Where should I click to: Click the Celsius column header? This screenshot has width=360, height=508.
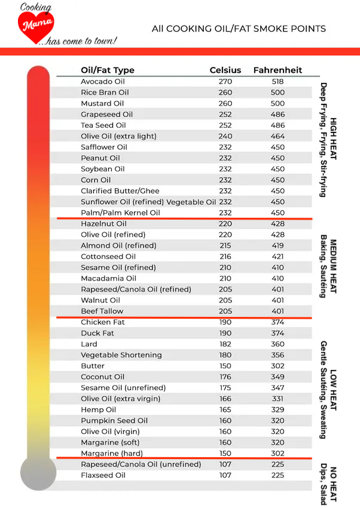tap(225, 70)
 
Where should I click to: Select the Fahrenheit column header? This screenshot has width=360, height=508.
tap(277, 70)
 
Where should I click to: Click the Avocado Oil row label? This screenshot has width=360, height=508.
tap(102, 81)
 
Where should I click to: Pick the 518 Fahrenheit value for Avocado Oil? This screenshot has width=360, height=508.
tap(277, 81)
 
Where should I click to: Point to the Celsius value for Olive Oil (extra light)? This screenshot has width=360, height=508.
tap(225, 136)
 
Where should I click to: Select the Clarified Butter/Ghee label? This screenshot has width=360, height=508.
tap(120, 191)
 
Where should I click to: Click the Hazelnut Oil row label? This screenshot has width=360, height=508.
tap(103, 224)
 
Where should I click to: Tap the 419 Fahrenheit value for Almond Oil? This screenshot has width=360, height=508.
tap(277, 245)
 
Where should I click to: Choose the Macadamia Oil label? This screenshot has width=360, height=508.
tap(108, 278)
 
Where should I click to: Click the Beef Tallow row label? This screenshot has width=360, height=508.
tap(102, 311)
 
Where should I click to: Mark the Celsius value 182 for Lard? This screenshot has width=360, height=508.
tap(225, 344)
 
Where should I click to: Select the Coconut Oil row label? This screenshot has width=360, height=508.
tap(102, 377)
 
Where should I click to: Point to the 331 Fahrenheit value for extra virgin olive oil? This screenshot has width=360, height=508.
tap(277, 399)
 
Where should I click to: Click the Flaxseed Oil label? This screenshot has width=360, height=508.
tap(103, 475)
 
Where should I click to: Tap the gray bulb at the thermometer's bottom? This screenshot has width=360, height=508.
tap(38, 473)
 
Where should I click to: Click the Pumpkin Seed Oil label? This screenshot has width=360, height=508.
tap(114, 421)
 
